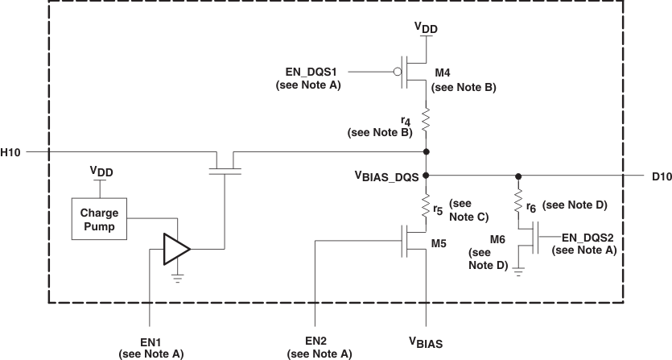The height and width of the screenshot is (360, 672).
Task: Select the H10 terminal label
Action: click(11, 151)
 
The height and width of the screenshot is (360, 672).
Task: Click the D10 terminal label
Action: click(658, 175)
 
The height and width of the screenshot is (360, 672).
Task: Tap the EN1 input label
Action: click(150, 341)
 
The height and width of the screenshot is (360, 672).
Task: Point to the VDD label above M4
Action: click(426, 28)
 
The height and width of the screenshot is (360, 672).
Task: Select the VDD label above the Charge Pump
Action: click(99, 171)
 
